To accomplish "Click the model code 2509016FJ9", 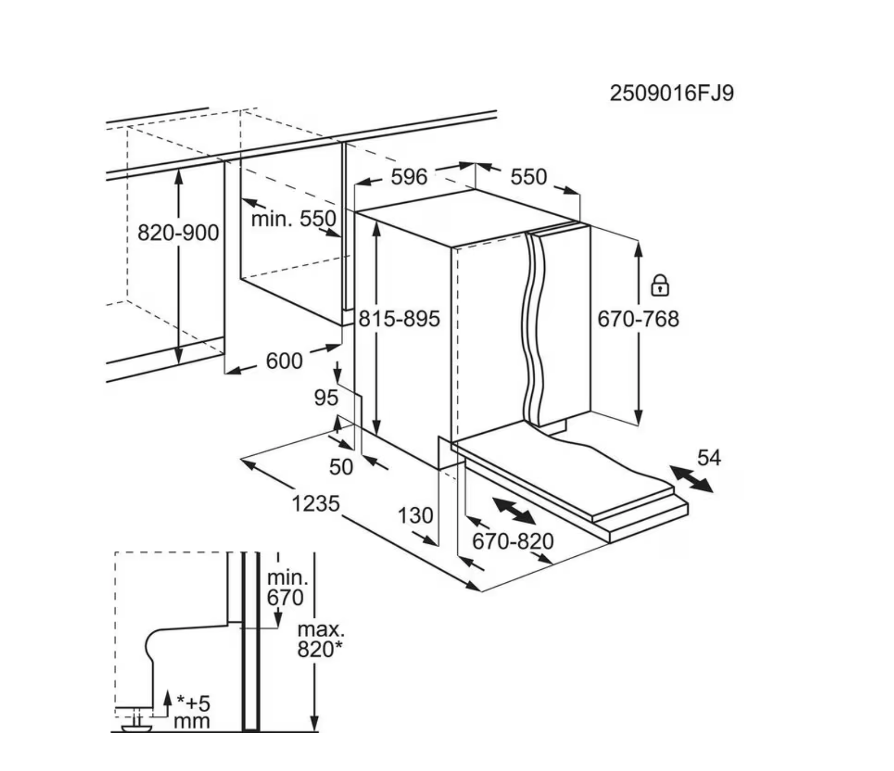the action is pos(672,93).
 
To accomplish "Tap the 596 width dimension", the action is pos(409,177).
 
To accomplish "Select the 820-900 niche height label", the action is pos(178,233).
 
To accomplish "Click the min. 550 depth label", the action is pos(293,219).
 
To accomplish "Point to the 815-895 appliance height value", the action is pos(399,319).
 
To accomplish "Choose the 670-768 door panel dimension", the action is pos(638,319).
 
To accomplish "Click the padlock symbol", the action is pos(660,285).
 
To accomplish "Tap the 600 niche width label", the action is pos(284,361).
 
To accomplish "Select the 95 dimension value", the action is pos(326,398).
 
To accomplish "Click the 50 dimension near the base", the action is pos(341,467).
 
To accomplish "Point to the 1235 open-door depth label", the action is pos(316,504).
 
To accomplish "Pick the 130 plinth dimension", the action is pos(416,516).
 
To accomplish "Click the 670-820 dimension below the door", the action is pos(513,541).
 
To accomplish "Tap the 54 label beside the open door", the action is pos(709,458).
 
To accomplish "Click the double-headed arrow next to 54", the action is pos(691,479).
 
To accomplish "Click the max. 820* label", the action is pos(321,640).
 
